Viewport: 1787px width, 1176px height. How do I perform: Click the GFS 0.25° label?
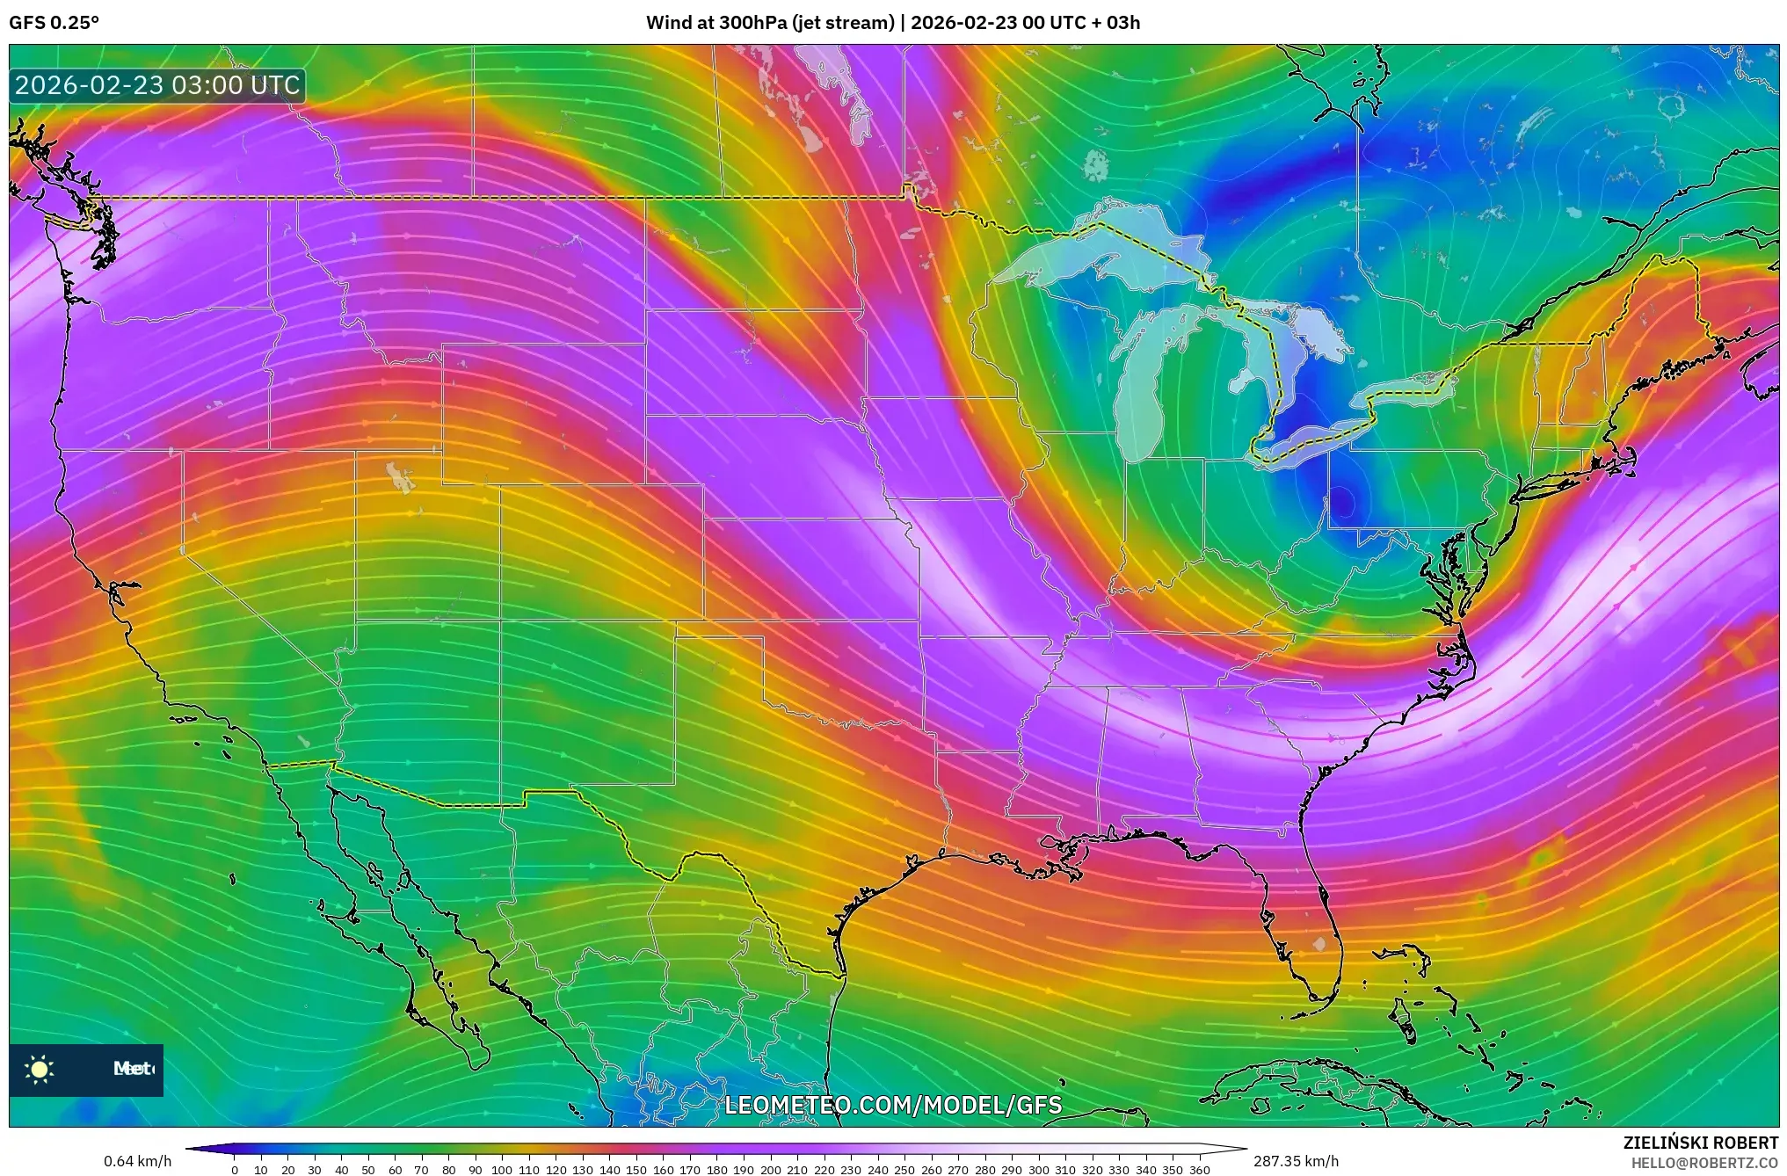pyautogui.click(x=54, y=23)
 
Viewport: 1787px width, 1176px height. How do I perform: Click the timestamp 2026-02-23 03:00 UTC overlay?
pyautogui.click(x=157, y=85)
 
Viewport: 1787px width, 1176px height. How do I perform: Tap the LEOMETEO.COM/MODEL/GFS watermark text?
pyautogui.click(x=893, y=1105)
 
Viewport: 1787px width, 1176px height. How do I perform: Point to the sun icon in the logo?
pyautogui.click(x=40, y=1069)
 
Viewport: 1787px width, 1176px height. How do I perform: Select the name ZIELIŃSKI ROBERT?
pyautogui.click(x=1700, y=1143)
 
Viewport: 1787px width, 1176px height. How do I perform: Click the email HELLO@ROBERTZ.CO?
pyautogui.click(x=1704, y=1163)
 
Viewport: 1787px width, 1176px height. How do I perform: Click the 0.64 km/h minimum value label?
pyautogui.click(x=137, y=1161)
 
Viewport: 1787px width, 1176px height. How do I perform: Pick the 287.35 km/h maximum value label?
pyautogui.click(x=1296, y=1161)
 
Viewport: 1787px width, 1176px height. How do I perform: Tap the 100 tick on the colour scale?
pyautogui.click(x=501, y=1169)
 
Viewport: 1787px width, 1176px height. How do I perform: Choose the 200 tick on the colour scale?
pyautogui.click(x=770, y=1169)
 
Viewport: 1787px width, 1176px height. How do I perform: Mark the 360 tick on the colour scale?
pyautogui.click(x=1199, y=1169)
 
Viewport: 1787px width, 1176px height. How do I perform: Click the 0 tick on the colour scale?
pyautogui.click(x=235, y=1169)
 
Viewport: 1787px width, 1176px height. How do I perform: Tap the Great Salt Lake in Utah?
pyautogui.click(x=400, y=478)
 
